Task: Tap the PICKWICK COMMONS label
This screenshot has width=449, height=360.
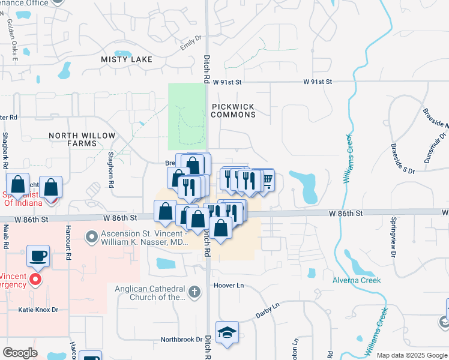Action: point(233,110)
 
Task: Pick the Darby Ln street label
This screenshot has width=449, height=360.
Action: point(268,306)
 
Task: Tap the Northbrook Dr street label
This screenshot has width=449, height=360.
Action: point(181,340)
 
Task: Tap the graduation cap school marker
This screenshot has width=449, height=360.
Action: point(228,333)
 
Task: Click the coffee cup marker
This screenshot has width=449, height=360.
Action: point(38,256)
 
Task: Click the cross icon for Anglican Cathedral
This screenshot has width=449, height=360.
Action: point(194,292)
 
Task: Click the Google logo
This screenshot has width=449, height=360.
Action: point(20,353)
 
